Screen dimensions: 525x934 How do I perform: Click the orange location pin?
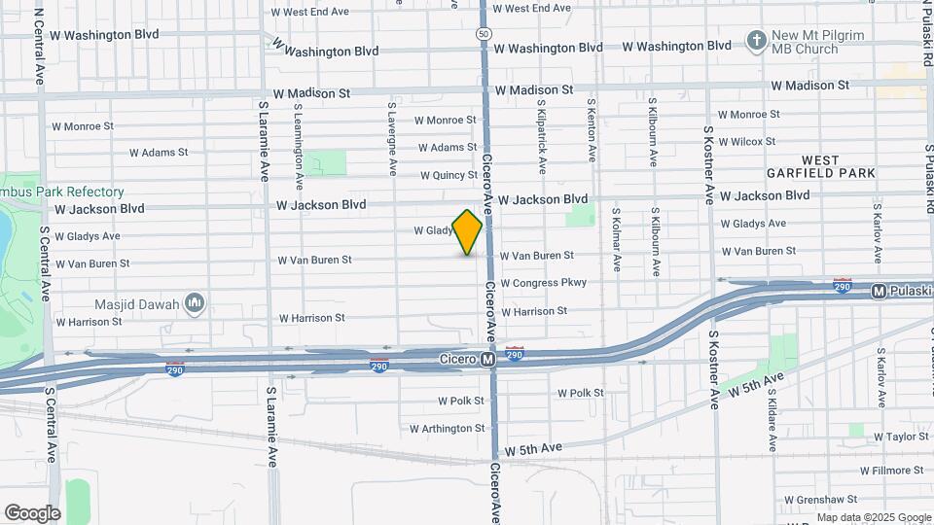point(468,231)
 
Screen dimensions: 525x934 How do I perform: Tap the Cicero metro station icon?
point(488,360)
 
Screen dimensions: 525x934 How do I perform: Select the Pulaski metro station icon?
point(878,291)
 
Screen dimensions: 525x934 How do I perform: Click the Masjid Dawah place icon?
point(194,304)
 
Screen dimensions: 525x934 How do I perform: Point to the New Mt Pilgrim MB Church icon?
point(756,41)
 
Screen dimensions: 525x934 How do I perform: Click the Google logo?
point(32,512)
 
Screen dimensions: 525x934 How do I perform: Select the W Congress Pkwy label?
point(543,283)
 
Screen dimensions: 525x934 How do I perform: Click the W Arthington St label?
point(447,428)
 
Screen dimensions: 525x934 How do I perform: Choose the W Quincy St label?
point(449,176)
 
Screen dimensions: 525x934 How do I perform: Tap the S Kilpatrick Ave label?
point(541,134)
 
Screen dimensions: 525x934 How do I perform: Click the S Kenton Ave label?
point(591,128)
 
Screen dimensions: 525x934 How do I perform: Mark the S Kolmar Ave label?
point(616,238)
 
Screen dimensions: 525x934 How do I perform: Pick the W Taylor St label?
point(901,437)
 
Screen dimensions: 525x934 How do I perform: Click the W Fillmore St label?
point(896,471)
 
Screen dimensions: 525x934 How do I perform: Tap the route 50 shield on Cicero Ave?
point(484,33)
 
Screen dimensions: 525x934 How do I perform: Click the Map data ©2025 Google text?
point(874,517)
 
